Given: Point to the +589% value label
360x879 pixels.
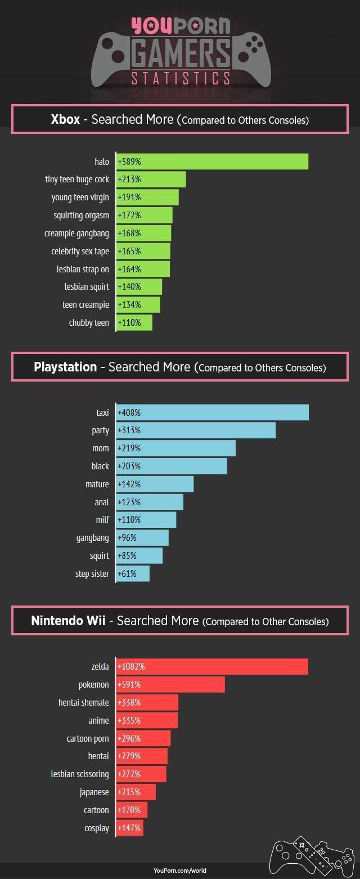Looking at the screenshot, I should [x=129, y=162].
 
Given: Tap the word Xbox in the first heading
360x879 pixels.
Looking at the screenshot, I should [x=65, y=119].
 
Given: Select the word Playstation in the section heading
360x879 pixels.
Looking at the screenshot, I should [x=65, y=367].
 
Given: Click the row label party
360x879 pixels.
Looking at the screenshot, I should [x=100, y=430].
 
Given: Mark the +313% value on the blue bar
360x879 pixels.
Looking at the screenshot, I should [x=129, y=430].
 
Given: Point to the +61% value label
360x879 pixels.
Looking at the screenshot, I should [x=127, y=573].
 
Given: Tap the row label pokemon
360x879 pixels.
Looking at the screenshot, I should [x=93, y=685].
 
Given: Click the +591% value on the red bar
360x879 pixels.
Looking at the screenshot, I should [x=129, y=685].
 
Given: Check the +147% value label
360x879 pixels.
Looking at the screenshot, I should [x=129, y=828].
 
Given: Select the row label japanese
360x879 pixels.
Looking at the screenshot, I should [x=94, y=792].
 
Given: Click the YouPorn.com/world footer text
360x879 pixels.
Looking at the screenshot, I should [x=180, y=871].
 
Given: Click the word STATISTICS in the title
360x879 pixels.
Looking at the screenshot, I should [x=180, y=78].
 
